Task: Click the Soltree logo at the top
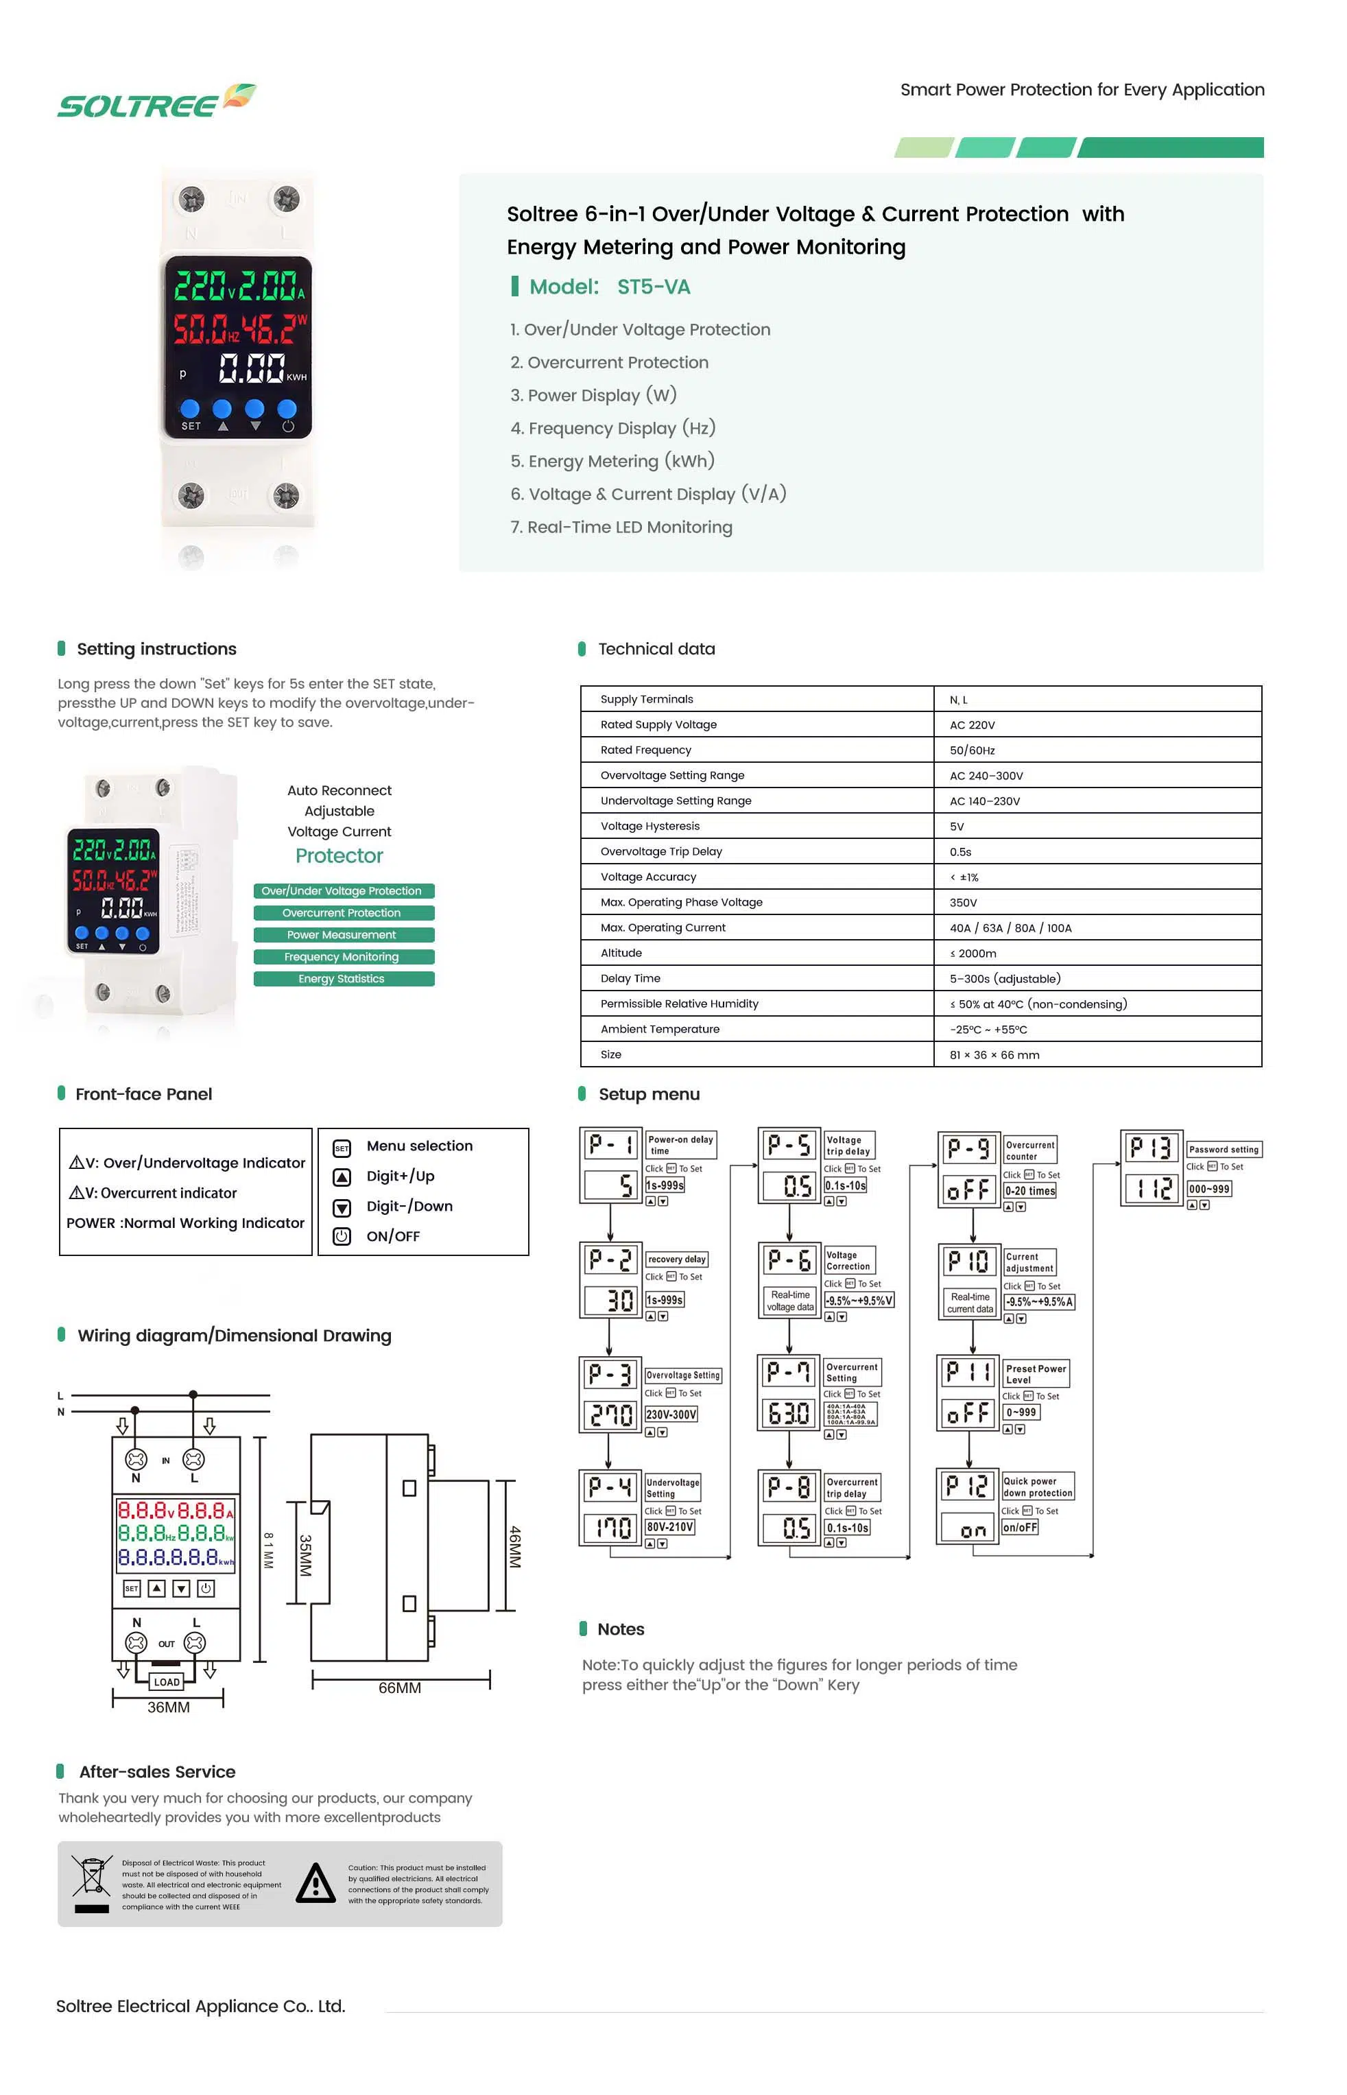[x=156, y=102]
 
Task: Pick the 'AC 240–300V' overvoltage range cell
[x=986, y=775]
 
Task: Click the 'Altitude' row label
[x=621, y=953]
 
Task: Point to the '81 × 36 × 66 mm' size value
[x=994, y=1054]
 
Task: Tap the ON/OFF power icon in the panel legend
[x=342, y=1236]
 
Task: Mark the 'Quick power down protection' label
[x=1038, y=1487]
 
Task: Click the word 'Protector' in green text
[x=339, y=855]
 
